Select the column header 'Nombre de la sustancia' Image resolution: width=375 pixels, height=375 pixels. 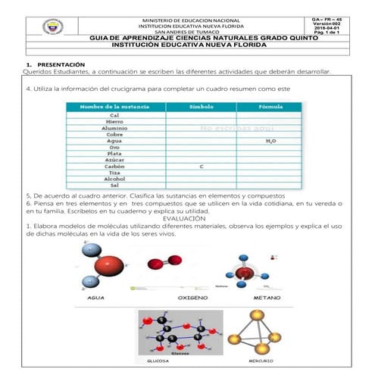pyautogui.click(x=114, y=108)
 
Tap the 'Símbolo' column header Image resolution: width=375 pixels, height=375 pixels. pyautogui.click(x=201, y=108)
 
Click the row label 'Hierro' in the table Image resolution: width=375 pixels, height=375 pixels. pyautogui.click(x=114, y=121)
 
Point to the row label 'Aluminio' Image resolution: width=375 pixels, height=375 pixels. pyautogui.click(x=114, y=128)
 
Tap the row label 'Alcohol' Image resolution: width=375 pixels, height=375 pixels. pyautogui.click(x=114, y=178)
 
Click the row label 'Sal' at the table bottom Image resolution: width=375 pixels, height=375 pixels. pyautogui.click(x=114, y=185)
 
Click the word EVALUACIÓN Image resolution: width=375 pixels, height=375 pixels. pyautogui.click(x=187, y=217)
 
